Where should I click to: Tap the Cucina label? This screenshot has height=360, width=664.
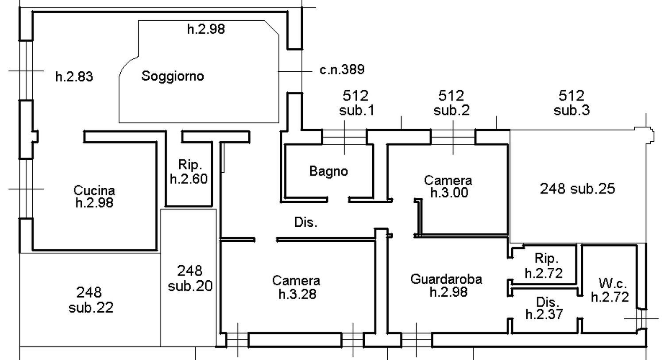[x=94, y=190]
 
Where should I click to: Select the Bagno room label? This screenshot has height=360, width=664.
[x=328, y=171]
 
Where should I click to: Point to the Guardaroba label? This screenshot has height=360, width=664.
[x=446, y=279]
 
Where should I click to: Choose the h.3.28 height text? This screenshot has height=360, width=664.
[x=297, y=294]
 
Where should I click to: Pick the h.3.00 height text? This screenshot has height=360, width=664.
[x=449, y=193]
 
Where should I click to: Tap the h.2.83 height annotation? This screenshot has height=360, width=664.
[x=74, y=77]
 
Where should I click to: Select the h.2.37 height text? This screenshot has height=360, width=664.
[x=544, y=314]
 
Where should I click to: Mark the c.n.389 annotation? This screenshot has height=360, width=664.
[x=342, y=69]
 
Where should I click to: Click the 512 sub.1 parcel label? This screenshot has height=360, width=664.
[x=356, y=103]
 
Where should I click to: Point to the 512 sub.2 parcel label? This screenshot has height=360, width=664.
[x=451, y=103]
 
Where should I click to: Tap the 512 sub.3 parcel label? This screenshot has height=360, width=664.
[x=571, y=103]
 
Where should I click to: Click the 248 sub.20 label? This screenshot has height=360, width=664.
[x=190, y=278]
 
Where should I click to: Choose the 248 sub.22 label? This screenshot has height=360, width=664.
[x=90, y=299]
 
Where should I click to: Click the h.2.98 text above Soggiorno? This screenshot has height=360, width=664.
[x=206, y=29]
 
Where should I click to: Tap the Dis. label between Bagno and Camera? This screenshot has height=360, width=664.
[x=306, y=222]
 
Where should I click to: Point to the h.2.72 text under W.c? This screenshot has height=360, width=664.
[x=610, y=297]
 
